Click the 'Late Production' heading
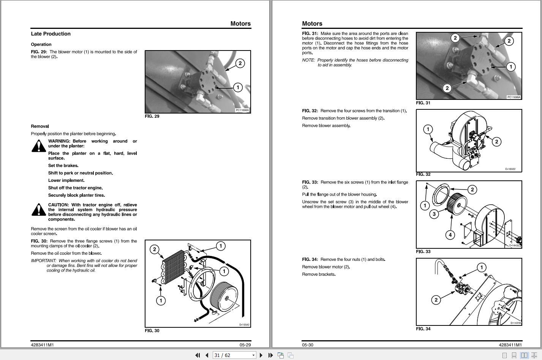[x=51, y=34]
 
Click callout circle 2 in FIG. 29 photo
[x=240, y=63]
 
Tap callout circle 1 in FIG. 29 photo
[x=238, y=87]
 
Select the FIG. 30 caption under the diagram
[x=152, y=331]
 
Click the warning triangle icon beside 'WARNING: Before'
[x=39, y=146]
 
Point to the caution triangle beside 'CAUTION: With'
[x=39, y=210]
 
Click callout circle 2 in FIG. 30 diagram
[x=154, y=249]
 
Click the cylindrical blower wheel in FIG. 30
[x=224, y=297]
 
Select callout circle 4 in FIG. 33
[x=450, y=235]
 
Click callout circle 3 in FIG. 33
[x=434, y=214]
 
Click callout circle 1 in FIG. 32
[x=428, y=129]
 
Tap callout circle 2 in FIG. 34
[x=436, y=300]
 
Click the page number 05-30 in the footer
[x=308, y=345]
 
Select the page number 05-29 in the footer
[x=245, y=345]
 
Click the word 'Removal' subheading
[x=40, y=126]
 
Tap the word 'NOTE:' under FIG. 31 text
[x=308, y=60]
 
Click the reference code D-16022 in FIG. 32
[x=510, y=169]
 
